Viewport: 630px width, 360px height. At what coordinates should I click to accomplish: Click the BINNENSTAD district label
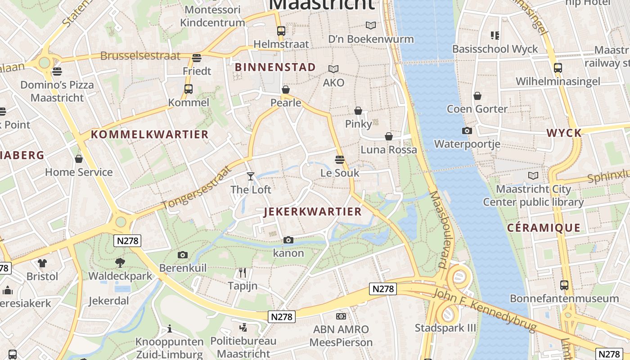275,67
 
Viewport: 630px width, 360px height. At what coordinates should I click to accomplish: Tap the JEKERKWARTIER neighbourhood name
313,211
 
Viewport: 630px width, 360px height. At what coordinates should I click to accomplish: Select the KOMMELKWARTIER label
150,134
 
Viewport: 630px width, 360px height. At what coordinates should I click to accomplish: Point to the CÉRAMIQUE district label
544,228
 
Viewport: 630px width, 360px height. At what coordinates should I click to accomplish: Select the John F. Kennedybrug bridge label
485,311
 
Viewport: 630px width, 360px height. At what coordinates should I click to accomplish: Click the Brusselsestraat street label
140,56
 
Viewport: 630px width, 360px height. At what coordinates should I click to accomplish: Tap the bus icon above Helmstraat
281,31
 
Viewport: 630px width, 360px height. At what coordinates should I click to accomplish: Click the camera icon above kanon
288,240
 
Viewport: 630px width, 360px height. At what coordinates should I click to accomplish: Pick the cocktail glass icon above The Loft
251,176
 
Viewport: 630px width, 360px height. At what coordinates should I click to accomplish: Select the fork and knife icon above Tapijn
243,272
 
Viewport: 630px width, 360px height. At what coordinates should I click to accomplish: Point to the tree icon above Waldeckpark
120,262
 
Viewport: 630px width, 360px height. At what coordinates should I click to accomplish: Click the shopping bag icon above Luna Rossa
389,136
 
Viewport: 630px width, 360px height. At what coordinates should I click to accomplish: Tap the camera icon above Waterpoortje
467,131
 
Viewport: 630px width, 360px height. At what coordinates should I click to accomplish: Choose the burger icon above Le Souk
340,159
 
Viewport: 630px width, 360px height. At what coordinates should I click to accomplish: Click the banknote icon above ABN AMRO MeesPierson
341,316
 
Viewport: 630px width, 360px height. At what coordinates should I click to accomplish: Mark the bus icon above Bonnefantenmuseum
564,285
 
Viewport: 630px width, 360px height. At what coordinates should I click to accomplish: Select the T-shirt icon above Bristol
42,263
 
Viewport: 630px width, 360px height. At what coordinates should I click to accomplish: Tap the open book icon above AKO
333,69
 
